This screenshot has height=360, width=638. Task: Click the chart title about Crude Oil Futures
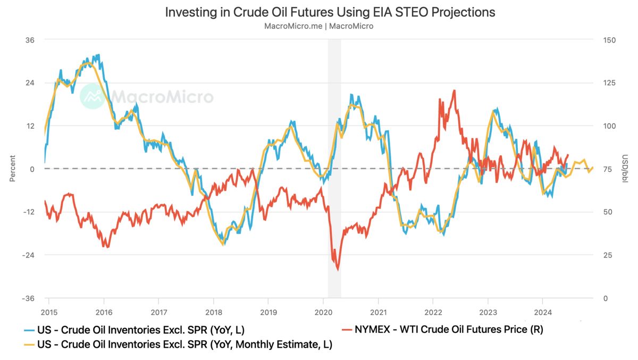tap(330, 12)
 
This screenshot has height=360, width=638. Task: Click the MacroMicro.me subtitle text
tap(318, 26)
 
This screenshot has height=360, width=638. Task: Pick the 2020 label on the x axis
tap(323, 312)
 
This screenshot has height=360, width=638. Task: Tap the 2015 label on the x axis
tap(48, 312)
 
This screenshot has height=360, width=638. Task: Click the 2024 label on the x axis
tap(543, 312)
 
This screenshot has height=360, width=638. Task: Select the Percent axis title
tap(13, 169)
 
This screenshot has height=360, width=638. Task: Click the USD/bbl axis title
tap(625, 169)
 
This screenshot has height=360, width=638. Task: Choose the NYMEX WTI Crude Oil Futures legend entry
tap(442, 330)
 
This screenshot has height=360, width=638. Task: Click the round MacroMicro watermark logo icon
tap(93, 96)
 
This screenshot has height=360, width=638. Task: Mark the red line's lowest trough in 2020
tap(338, 270)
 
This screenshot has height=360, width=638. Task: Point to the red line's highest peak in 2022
tap(454, 90)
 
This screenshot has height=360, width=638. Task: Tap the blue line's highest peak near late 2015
tap(98, 55)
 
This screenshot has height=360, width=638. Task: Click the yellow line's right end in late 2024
tap(593, 168)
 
